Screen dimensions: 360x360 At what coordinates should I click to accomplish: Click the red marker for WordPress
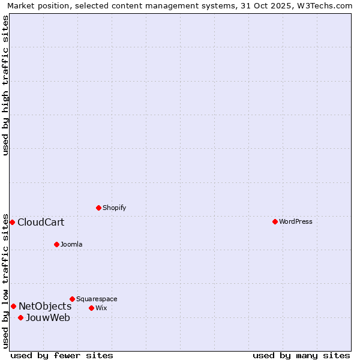275,221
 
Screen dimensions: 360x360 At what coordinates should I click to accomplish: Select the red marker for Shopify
98,208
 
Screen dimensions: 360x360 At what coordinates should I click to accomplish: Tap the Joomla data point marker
56,244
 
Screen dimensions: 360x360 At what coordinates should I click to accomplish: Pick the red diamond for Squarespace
72,299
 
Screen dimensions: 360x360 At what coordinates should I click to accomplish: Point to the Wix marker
91,308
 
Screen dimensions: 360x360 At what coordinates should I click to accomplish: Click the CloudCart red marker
12,222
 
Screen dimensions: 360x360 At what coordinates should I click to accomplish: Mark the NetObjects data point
13,306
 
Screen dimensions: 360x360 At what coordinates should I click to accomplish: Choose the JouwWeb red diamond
20,317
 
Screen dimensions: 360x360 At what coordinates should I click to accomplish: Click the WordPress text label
296,221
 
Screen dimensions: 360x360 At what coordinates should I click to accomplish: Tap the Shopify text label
115,208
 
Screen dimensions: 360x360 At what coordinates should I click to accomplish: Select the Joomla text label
71,244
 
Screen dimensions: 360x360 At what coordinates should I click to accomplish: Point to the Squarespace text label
97,299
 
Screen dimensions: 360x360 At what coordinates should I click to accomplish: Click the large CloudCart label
41,223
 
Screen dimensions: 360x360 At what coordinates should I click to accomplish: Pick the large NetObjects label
45,307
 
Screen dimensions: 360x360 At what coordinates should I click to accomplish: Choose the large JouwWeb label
48,318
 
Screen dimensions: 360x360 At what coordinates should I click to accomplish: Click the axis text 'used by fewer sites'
62,355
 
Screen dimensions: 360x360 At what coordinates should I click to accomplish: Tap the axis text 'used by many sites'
301,355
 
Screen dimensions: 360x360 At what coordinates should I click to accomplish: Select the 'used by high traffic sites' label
5,85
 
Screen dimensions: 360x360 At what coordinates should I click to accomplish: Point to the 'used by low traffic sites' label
5,280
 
